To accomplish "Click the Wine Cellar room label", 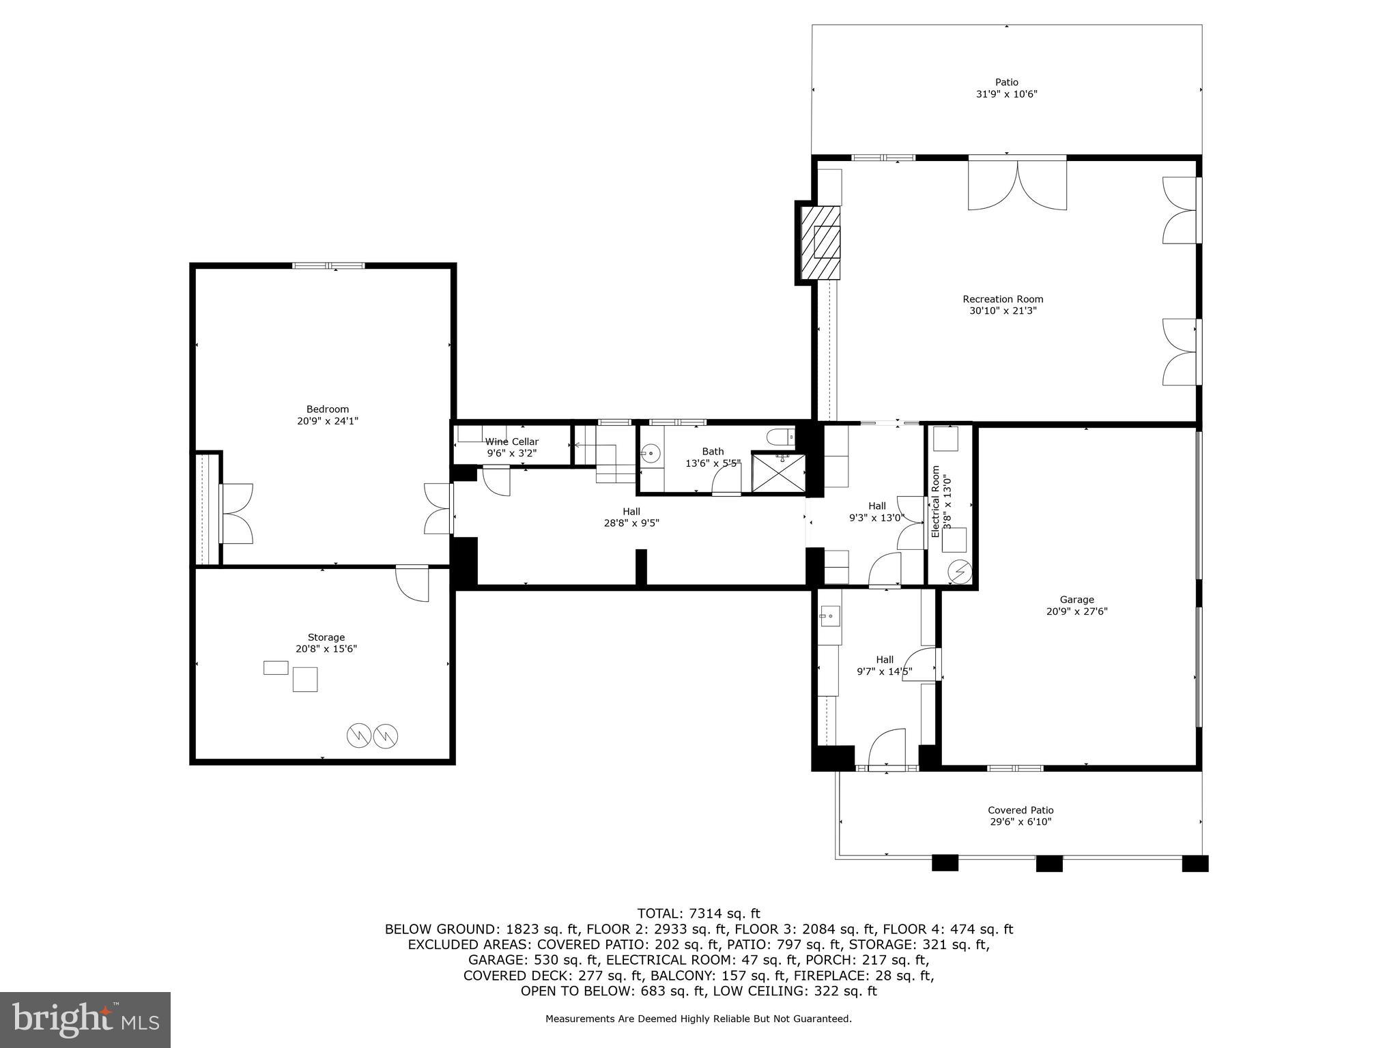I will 512,441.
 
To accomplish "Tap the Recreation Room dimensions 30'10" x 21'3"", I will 1003,310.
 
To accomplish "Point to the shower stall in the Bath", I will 778,471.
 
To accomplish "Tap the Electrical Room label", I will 936,501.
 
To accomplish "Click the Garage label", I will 1076,600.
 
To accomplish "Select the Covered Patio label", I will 1021,810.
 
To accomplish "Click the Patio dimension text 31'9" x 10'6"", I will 1006,94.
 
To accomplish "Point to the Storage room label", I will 326,637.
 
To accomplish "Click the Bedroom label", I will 327,409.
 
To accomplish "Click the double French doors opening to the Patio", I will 1017,184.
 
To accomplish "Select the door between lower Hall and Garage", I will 926,664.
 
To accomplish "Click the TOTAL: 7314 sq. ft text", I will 698,913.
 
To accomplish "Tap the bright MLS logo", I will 85,1021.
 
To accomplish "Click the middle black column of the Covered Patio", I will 1049,863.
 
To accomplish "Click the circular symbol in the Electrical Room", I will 960,570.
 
